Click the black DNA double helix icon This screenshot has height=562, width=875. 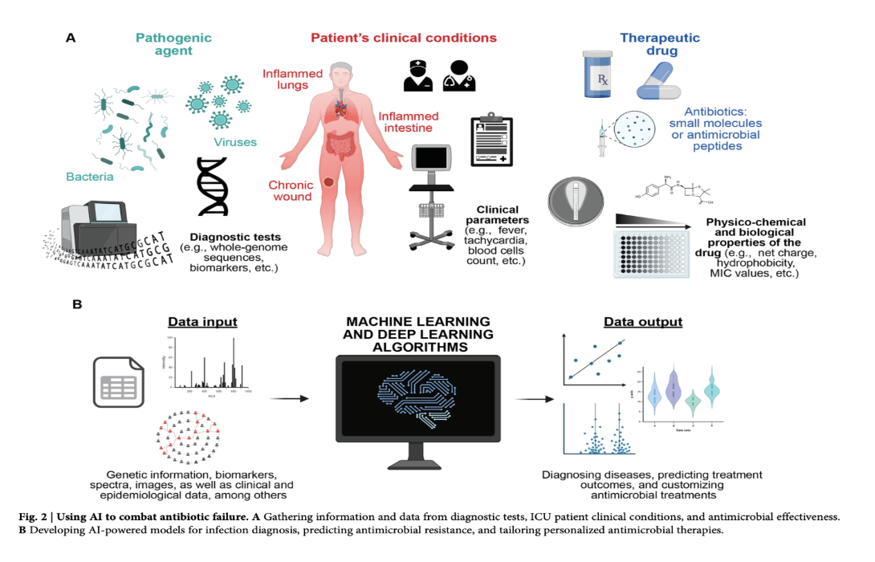214,186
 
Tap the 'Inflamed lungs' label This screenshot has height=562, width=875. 292,80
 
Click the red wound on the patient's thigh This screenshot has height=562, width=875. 328,182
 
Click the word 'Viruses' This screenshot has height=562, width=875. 235,143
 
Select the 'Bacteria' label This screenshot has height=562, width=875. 90,175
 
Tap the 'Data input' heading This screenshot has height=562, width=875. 201,322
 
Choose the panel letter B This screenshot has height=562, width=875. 77,305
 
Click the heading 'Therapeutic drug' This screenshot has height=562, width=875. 661,44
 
